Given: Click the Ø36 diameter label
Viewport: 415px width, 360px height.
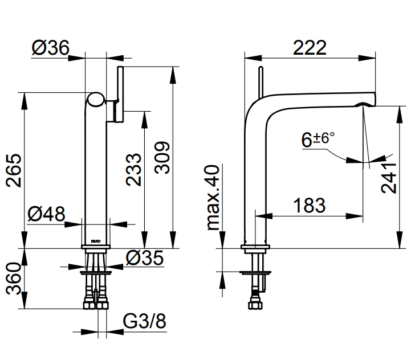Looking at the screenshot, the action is (x=50, y=48).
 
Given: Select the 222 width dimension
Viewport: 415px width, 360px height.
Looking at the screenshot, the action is (x=310, y=48).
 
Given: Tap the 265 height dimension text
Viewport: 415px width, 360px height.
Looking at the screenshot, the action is (x=14, y=171).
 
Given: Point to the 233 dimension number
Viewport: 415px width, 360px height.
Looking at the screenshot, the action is (x=133, y=170).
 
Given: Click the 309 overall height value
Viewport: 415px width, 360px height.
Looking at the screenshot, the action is (x=162, y=158).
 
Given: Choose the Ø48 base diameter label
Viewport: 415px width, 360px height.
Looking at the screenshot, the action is (x=46, y=214).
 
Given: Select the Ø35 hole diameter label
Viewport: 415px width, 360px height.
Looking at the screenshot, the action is (x=145, y=258).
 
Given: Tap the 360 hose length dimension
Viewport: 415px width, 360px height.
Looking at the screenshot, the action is (x=14, y=279).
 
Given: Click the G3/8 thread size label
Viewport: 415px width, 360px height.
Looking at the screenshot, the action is (x=145, y=321).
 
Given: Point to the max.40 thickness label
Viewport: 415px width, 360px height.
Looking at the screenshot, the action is (x=213, y=197).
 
